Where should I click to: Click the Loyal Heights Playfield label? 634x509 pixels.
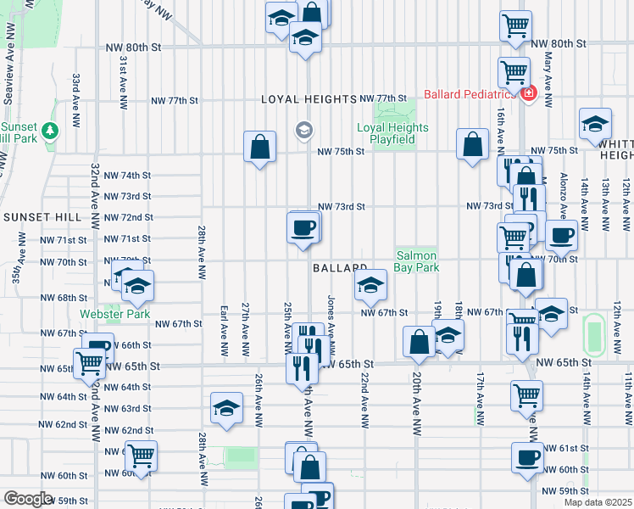pos(392,133)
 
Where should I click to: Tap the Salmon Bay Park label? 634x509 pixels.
pos(416,261)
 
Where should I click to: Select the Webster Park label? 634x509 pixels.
pos(114,314)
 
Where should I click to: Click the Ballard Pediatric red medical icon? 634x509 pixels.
pos(529,93)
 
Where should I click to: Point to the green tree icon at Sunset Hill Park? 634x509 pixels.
pos(50,130)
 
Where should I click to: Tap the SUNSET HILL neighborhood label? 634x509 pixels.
pos(42,217)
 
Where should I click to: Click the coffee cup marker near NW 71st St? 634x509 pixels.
pos(303,227)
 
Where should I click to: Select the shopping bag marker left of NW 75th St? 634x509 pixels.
pos(259,147)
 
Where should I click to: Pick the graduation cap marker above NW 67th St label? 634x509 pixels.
pos(370,286)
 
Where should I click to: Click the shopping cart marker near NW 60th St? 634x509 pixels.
pos(141,456)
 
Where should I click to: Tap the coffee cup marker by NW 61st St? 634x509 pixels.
pos(527,459)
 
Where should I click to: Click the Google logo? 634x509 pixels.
pos(28,499)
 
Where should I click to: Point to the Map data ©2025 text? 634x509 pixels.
pos(598,502)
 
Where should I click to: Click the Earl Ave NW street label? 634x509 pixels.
pos(223,330)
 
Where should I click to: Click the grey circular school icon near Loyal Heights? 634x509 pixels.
pos(303,130)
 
